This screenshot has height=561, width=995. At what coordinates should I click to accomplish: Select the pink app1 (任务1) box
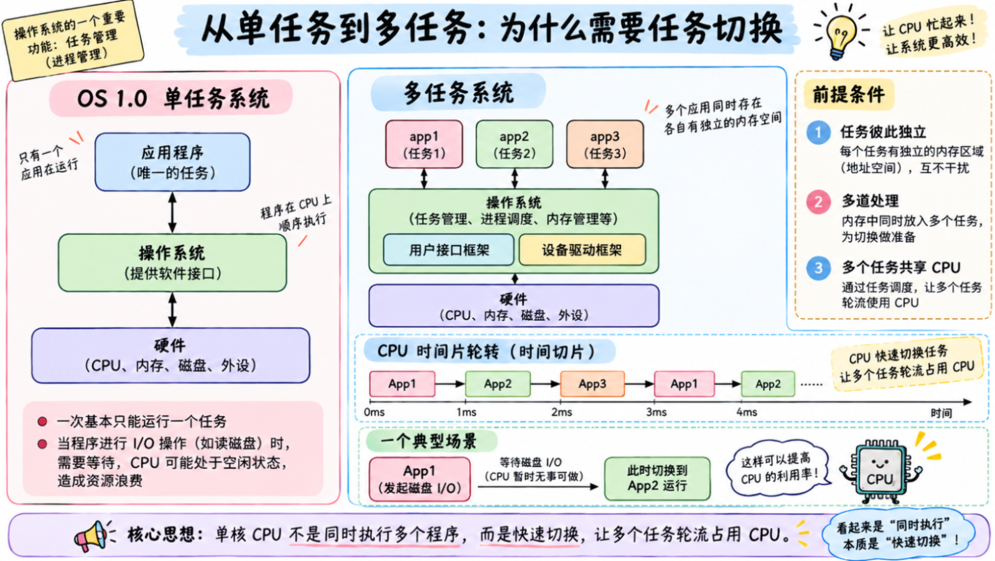(424, 144)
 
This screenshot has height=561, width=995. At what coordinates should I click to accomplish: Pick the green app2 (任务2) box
(515, 144)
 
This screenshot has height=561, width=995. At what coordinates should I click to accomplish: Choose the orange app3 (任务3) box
(605, 144)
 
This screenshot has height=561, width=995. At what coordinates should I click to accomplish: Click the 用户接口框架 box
(449, 250)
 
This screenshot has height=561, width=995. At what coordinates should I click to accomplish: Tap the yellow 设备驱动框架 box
(582, 250)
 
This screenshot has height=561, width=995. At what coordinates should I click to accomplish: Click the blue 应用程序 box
(172, 162)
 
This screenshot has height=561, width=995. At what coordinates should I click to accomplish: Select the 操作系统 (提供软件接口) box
(172, 262)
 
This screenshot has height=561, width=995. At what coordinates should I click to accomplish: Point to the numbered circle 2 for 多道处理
(819, 202)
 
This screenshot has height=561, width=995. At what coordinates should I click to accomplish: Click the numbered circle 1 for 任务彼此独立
(819, 132)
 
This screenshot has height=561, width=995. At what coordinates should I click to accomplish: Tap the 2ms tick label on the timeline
(562, 412)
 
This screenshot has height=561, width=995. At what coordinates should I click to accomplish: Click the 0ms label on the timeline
(375, 412)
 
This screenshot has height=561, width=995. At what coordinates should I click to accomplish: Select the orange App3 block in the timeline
(592, 384)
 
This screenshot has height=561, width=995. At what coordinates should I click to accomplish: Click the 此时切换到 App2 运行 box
(657, 478)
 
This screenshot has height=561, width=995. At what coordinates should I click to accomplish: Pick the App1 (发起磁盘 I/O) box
(420, 480)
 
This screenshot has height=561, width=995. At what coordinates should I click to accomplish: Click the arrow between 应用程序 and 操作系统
(172, 213)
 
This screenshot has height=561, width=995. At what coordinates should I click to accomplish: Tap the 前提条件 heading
(849, 95)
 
